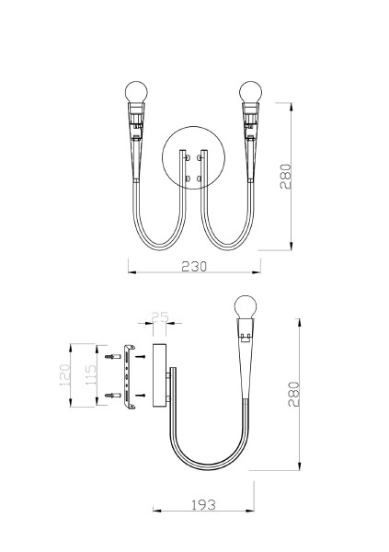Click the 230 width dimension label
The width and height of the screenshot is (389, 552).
pyautogui.click(x=194, y=267)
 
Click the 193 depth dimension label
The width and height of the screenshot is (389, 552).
pyautogui.click(x=203, y=505)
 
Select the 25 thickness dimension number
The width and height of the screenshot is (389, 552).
pyautogui.click(x=160, y=317)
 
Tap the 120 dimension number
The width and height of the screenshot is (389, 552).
pyautogui.click(x=64, y=375)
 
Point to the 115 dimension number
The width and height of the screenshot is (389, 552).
pyautogui.click(x=90, y=375)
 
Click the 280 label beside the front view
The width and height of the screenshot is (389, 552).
pyautogui.click(x=285, y=177)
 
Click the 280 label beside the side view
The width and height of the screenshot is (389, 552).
pyautogui.click(x=293, y=394)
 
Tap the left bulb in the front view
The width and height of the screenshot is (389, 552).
pyautogui.click(x=136, y=92)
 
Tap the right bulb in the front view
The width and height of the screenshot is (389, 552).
pyautogui.click(x=250, y=92)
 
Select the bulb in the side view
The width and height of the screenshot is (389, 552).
pyautogui.click(x=246, y=307)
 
